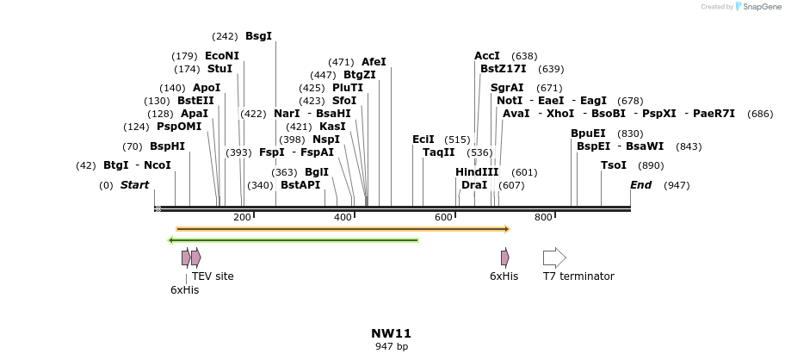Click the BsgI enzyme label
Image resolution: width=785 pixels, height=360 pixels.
pyautogui.click(x=258, y=36)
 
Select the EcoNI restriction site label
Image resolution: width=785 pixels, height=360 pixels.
pyautogui.click(x=222, y=56)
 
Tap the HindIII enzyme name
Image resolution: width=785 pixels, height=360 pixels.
pyautogui.click(x=477, y=172)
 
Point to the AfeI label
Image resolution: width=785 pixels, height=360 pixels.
pyautogui.click(x=374, y=62)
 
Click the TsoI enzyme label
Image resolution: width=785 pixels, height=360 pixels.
pyautogui.click(x=614, y=165)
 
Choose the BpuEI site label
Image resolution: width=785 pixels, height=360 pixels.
pyautogui.click(x=588, y=133)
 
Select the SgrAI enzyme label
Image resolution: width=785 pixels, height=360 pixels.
pyautogui.click(x=507, y=88)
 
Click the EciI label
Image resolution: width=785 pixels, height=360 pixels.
pyautogui.click(x=423, y=140)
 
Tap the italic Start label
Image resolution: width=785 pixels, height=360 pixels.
pyautogui.click(x=134, y=185)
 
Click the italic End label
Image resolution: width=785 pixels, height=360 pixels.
pyautogui.click(x=640, y=185)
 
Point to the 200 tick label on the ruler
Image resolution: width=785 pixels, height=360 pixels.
pyautogui.click(x=242, y=218)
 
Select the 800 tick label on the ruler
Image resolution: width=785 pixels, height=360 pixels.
pyautogui.click(x=543, y=218)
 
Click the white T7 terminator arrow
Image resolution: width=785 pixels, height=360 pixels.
pyautogui.click(x=554, y=258)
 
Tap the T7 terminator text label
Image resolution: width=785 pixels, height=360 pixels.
pyautogui.click(x=578, y=276)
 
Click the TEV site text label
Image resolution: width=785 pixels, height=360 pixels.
pyautogui.click(x=213, y=276)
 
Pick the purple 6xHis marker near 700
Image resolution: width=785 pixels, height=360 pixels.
pyautogui.click(x=505, y=258)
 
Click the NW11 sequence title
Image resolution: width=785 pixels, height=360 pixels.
pyautogui.click(x=392, y=333)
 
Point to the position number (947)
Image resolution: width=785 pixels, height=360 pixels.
pyautogui.click(x=677, y=185)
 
